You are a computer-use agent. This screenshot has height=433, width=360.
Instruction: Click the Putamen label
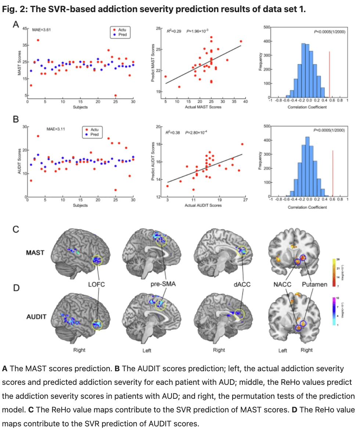pos(314,284)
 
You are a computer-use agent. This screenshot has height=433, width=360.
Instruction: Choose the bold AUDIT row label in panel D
pos(36,316)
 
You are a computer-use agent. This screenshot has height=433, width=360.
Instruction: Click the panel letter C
pos(16,230)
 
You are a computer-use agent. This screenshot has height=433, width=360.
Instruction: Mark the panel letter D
pos(16,288)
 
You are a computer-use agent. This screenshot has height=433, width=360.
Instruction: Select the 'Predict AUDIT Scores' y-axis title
pos(152,162)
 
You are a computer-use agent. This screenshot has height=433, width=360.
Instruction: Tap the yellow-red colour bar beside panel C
pos(334,272)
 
